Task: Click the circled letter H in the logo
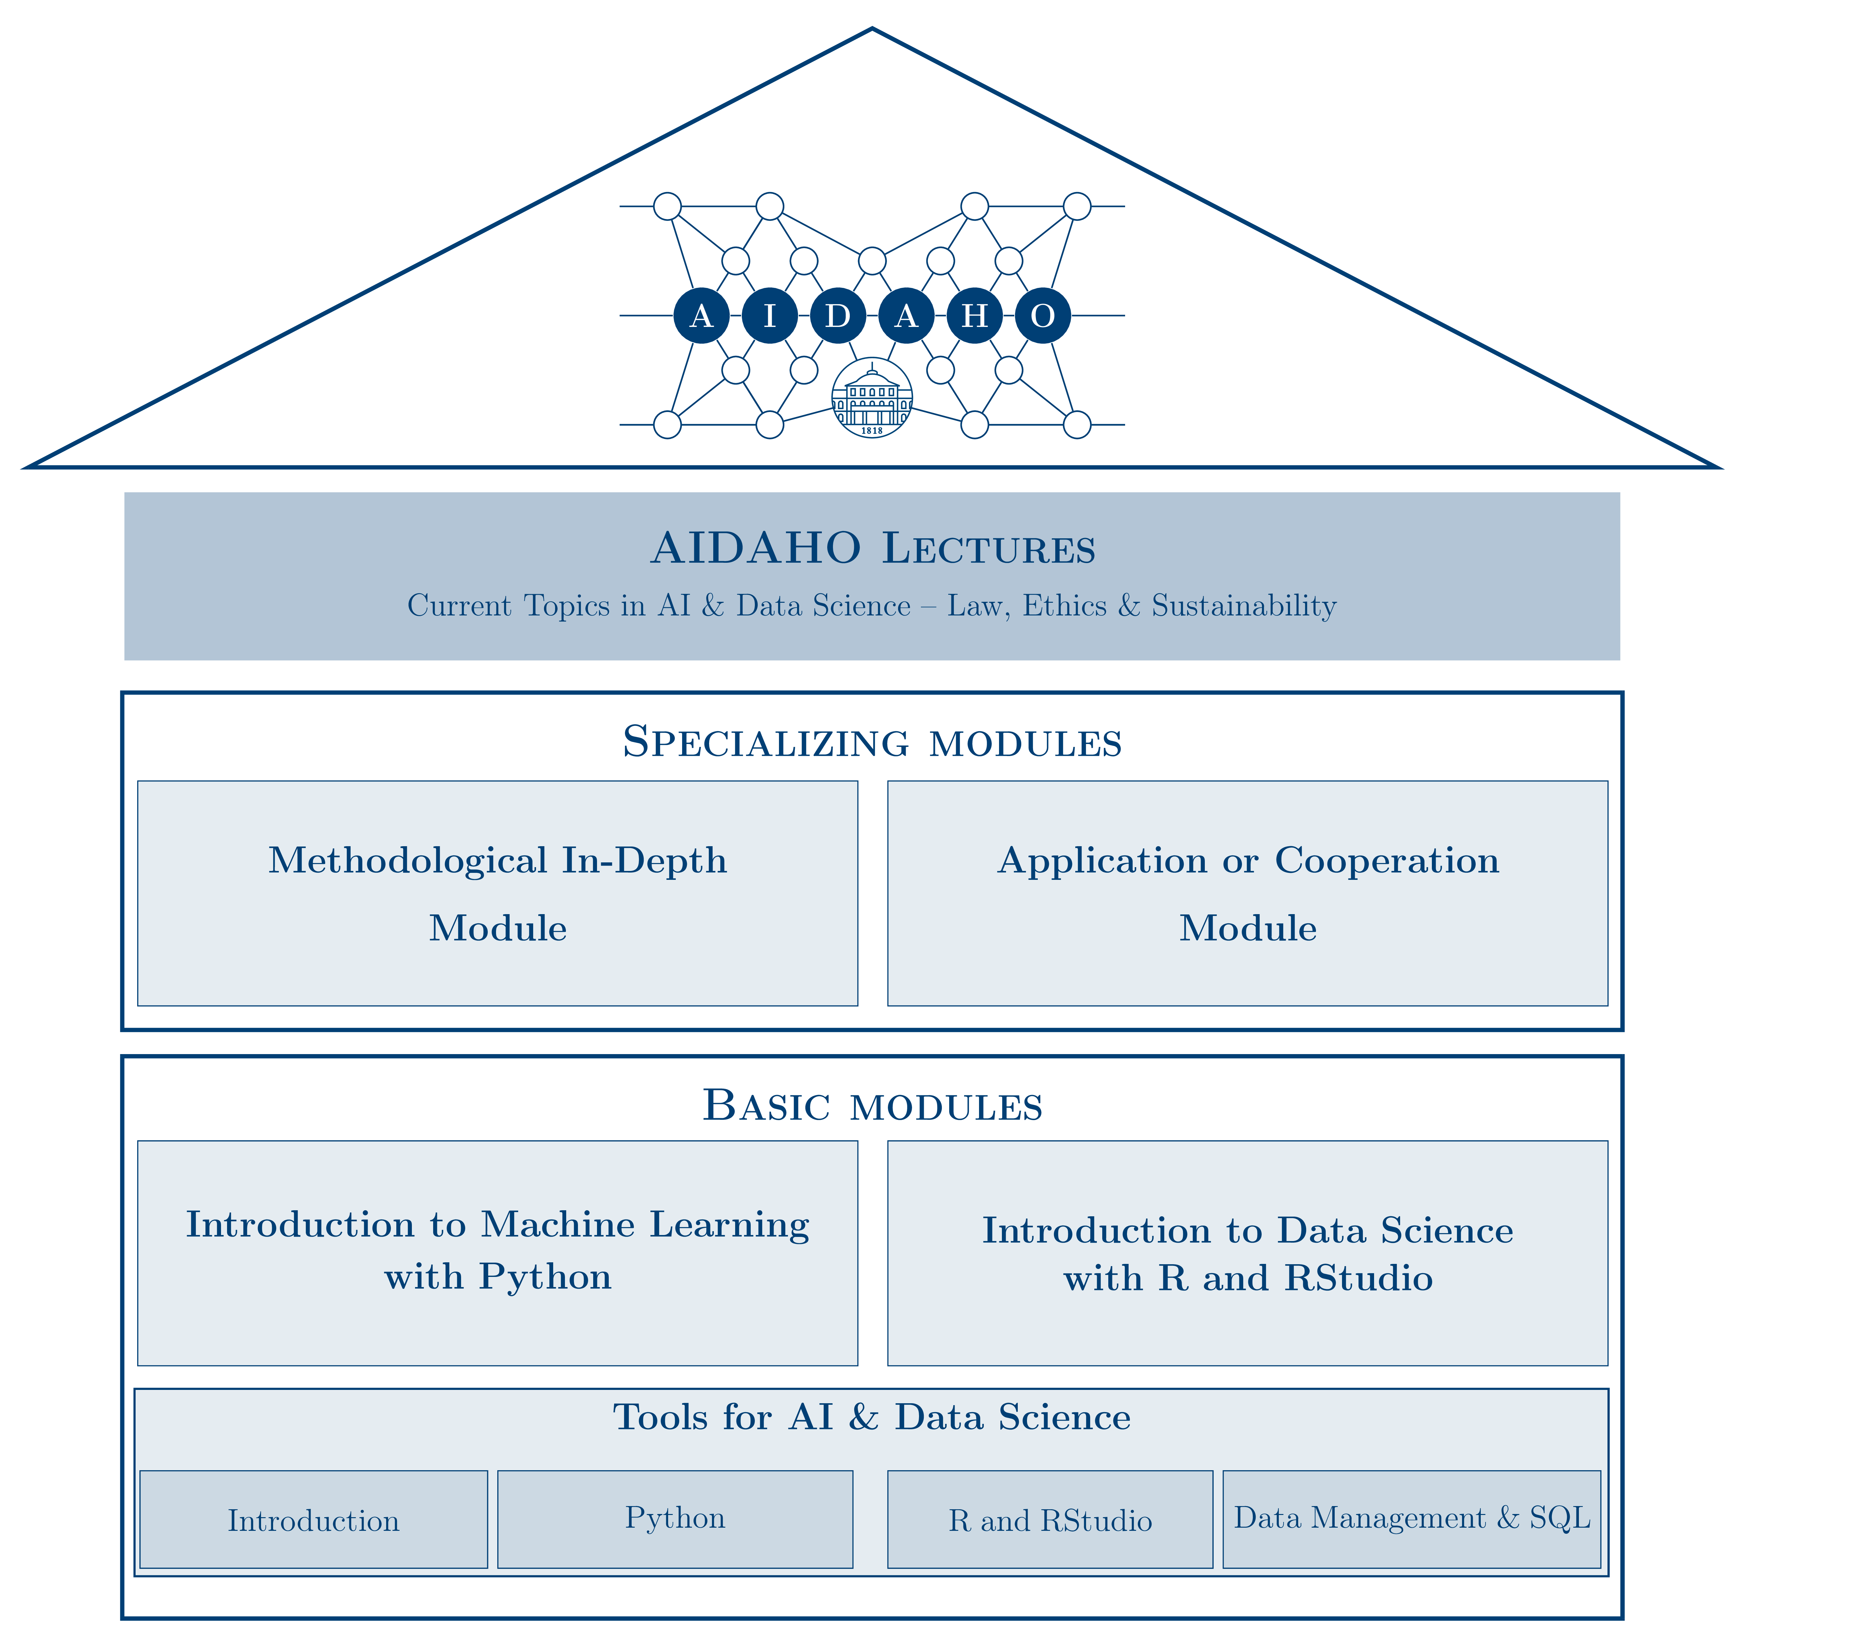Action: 975,316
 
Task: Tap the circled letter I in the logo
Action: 769,316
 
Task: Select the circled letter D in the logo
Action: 837,316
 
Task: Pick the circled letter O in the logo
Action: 1042,316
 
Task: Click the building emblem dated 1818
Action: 872,398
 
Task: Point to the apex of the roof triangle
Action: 872,30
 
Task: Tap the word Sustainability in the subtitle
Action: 1244,606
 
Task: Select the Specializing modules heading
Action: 872,741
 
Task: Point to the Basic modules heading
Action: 872,1106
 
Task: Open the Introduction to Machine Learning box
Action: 497,1252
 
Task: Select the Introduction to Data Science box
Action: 1247,1252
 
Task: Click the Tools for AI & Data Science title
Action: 872,1417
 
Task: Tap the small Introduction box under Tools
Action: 313,1521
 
